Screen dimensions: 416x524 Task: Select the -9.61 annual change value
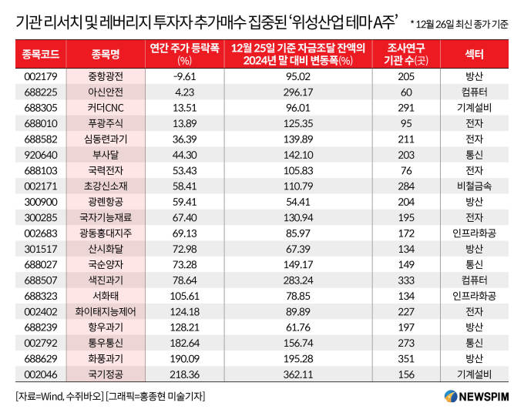click(x=183, y=77)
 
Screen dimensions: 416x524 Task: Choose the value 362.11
click(x=297, y=374)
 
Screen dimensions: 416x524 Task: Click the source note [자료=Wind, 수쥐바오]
click(x=60, y=396)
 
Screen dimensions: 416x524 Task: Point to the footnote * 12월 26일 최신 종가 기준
click(x=459, y=25)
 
